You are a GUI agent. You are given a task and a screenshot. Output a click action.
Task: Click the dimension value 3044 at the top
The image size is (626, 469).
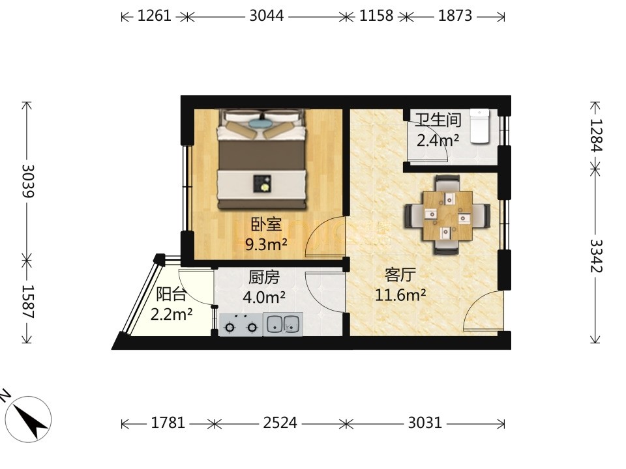pyautogui.click(x=266, y=16)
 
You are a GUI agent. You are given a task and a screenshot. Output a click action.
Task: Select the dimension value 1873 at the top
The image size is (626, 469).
pyautogui.click(x=455, y=16)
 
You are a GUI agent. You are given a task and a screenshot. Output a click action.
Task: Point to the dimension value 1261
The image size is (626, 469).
pyautogui.click(x=154, y=16)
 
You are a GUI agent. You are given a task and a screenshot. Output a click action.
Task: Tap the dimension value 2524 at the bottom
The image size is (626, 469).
pyautogui.click(x=280, y=423)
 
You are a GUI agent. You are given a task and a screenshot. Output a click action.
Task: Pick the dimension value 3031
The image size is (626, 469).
pyautogui.click(x=425, y=423)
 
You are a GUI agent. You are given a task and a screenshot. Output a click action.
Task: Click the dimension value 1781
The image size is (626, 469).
pyautogui.click(x=168, y=423)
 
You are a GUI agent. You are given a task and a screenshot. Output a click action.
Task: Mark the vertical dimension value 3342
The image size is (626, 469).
pyautogui.click(x=596, y=255)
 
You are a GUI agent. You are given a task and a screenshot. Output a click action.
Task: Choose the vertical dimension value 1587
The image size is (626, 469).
pyautogui.click(x=28, y=302)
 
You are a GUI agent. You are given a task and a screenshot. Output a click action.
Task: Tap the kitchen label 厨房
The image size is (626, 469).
pyautogui.click(x=264, y=277)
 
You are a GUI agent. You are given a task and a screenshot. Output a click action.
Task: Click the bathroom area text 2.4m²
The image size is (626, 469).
pyautogui.click(x=438, y=140)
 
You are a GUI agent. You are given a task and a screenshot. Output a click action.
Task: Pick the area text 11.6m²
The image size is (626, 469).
pyautogui.click(x=400, y=295)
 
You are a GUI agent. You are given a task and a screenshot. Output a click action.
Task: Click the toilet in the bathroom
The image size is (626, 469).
pyautogui.click(x=479, y=126)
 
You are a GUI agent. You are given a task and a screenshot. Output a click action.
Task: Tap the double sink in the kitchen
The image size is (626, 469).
pyautogui.click(x=282, y=324)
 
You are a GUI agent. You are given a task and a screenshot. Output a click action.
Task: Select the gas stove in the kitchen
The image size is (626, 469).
pyautogui.click(x=241, y=324)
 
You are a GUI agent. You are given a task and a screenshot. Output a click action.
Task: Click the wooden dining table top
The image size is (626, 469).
pyautogui.click(x=447, y=216)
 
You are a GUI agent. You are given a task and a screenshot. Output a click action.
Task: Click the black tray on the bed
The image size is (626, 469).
pyautogui.click(x=262, y=184)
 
